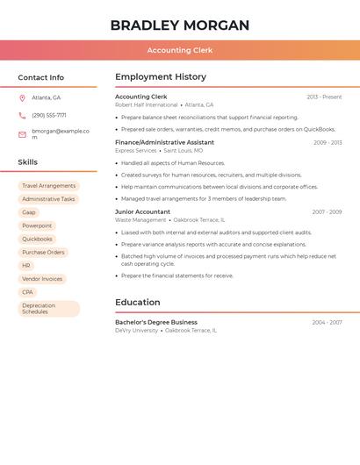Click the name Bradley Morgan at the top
coord(180,25)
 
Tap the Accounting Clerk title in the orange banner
coord(180,50)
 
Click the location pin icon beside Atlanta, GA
coord(22,97)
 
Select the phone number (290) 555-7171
coord(49,115)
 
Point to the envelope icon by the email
coord(22,133)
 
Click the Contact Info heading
coord(41,77)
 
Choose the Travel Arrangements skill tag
coord(49,186)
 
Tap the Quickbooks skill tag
coord(37,239)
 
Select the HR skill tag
coord(26,265)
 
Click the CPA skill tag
coord(28,292)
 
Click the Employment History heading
coord(161,77)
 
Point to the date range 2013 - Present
coord(324,97)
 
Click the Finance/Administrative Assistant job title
coord(164,142)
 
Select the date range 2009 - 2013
coord(328,142)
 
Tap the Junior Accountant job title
coord(142,211)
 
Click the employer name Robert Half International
coord(147,104)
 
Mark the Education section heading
coord(137,303)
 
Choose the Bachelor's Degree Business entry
coord(156,322)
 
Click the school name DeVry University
coord(137,331)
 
